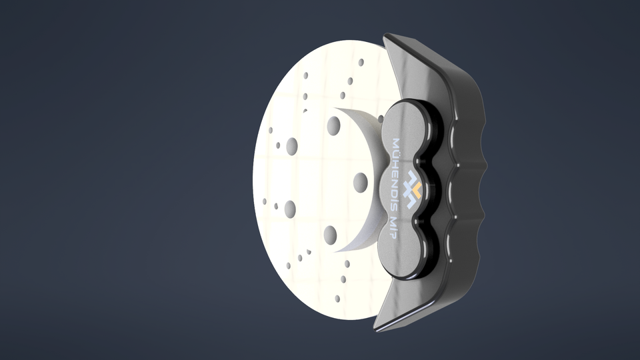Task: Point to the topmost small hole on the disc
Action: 361,62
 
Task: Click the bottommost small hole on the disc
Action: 337,299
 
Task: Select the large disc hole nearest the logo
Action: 361,182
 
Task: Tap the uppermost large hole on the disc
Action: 334,125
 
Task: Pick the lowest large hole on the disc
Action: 331,234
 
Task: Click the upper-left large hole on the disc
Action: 292,146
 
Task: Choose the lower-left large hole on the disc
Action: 289,209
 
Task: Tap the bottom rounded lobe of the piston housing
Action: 400,257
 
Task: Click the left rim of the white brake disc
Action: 257,180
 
